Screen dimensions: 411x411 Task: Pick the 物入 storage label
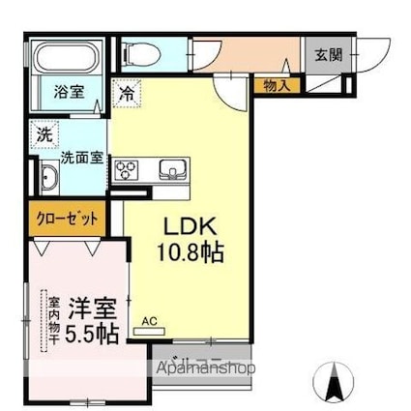pos(278,86)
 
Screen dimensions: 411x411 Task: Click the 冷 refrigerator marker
pos(128,94)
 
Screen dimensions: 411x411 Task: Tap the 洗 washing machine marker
pos(44,133)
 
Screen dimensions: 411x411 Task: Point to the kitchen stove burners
pos(128,172)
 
